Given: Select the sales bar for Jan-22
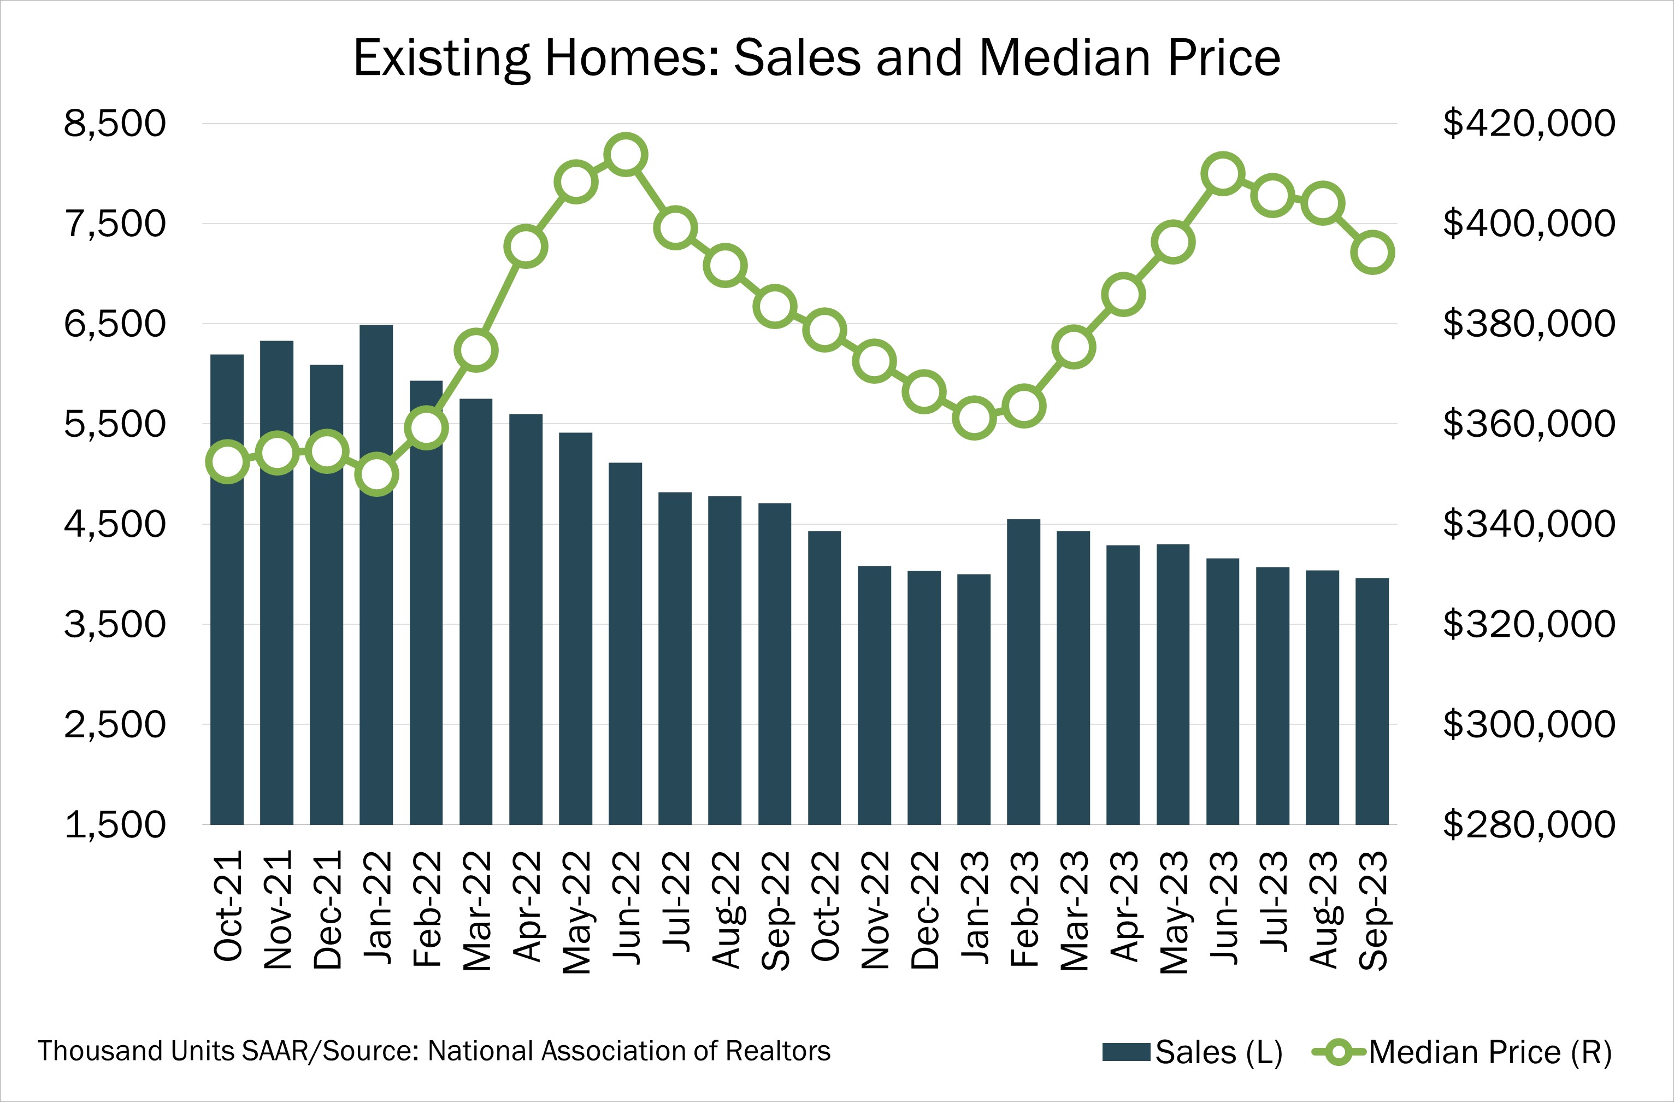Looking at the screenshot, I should pyautogui.click(x=376, y=598).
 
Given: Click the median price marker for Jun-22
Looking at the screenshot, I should pyautogui.click(x=625, y=154).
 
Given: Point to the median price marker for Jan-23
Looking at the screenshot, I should pyautogui.click(x=974, y=419).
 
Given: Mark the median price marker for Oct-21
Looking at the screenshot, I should pyautogui.click(x=227, y=462).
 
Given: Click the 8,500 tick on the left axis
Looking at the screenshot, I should pyautogui.click(x=115, y=124).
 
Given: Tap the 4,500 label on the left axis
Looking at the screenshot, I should pyautogui.click(x=115, y=524).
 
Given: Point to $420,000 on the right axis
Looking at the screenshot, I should pyautogui.click(x=1529, y=124).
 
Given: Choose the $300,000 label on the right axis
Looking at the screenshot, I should pyautogui.click(x=1529, y=724).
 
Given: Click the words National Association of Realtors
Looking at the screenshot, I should pyautogui.click(x=629, y=1051).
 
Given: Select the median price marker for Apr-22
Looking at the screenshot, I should pyautogui.click(x=526, y=247).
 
